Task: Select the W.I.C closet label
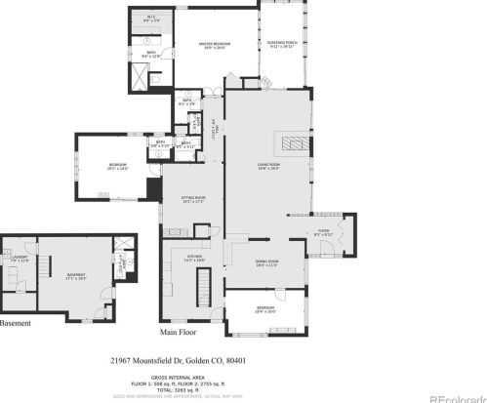click(152, 19)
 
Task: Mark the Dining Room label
click(267, 262)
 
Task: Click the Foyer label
click(324, 232)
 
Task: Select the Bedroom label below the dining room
click(265, 310)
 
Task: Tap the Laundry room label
click(20, 258)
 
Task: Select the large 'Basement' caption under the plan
click(17, 323)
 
